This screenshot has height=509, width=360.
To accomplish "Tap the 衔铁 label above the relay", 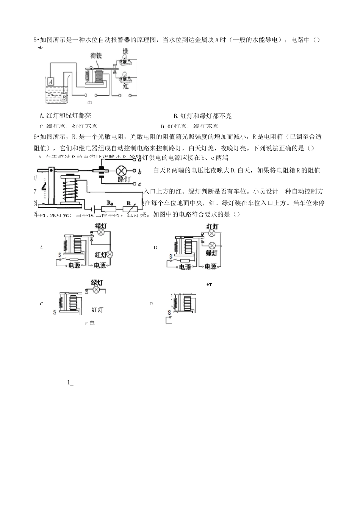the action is (x=96, y=55).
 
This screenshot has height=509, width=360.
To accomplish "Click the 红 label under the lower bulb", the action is (x=126, y=86).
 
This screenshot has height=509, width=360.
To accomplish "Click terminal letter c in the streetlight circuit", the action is (x=139, y=184).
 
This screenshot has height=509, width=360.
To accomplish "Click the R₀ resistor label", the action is (x=110, y=203).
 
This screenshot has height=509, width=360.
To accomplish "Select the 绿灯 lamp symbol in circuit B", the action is (x=213, y=245).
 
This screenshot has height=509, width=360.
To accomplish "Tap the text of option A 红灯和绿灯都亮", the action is (x=65, y=116).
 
